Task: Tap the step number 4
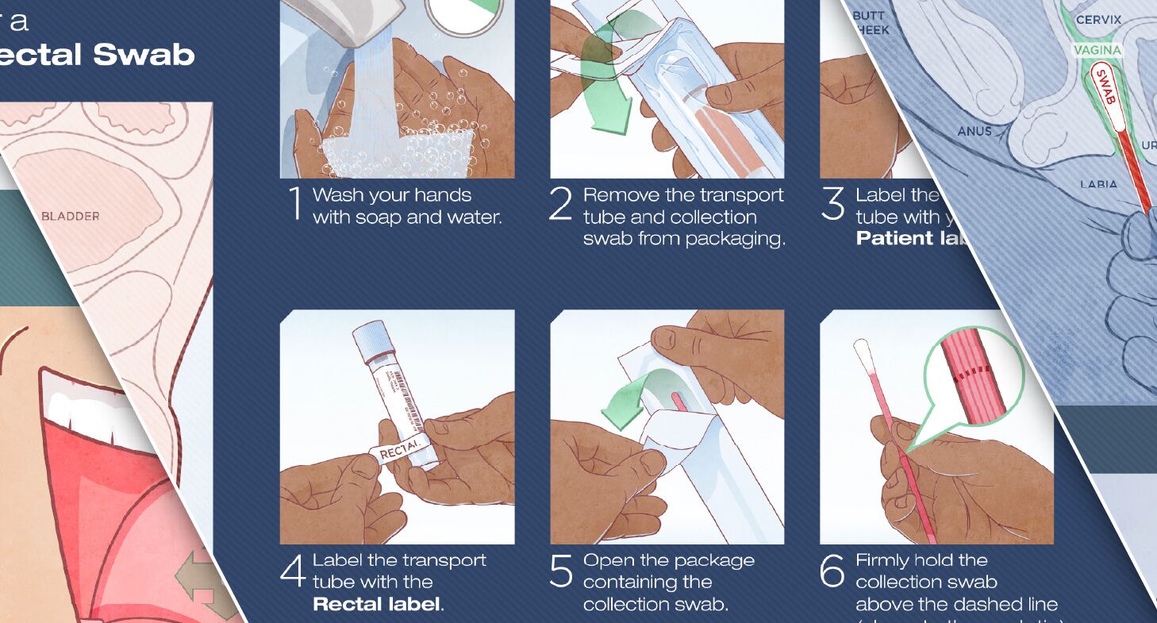click(292, 572)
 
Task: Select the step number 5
click(561, 572)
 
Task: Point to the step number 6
click(832, 572)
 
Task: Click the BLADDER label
click(71, 216)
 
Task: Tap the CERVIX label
click(1098, 19)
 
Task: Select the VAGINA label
click(1097, 50)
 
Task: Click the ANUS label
click(974, 131)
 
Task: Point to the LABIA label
click(1098, 184)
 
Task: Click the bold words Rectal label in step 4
click(377, 604)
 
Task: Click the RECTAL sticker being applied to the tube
click(398, 453)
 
